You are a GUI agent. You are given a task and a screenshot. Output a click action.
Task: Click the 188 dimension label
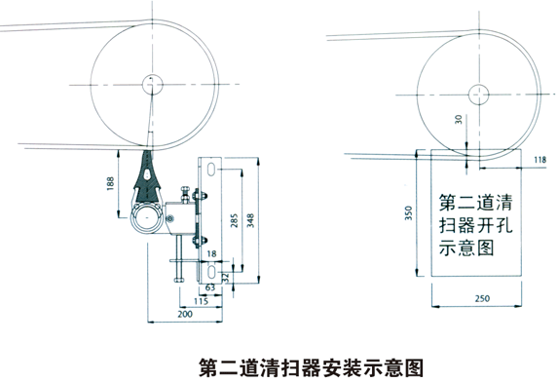tap(111, 184)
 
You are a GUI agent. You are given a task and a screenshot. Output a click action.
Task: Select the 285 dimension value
tap(234, 221)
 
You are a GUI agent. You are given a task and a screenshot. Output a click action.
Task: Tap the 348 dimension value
tap(250, 221)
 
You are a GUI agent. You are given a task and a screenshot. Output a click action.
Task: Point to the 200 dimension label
tap(185, 314)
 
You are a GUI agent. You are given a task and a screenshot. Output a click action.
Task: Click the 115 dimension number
tap(201, 301)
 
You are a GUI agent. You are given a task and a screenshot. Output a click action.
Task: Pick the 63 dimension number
tap(210, 286)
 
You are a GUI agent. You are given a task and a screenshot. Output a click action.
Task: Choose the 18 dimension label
tap(211, 253)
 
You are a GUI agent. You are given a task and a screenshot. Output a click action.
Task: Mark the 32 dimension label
tap(225, 278)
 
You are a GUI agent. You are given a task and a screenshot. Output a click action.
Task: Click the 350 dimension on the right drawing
tap(409, 212)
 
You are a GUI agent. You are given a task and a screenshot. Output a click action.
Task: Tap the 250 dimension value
tap(482, 298)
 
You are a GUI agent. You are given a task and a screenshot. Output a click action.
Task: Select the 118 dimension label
tap(539, 160)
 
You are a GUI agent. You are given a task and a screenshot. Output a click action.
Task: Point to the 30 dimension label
tap(459, 119)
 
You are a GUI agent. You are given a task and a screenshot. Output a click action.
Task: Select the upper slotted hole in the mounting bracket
tap(211, 170)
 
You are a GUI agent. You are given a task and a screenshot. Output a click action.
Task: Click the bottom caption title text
tap(311, 367)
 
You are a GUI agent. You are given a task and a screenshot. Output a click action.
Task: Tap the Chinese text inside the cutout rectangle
tap(476, 225)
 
